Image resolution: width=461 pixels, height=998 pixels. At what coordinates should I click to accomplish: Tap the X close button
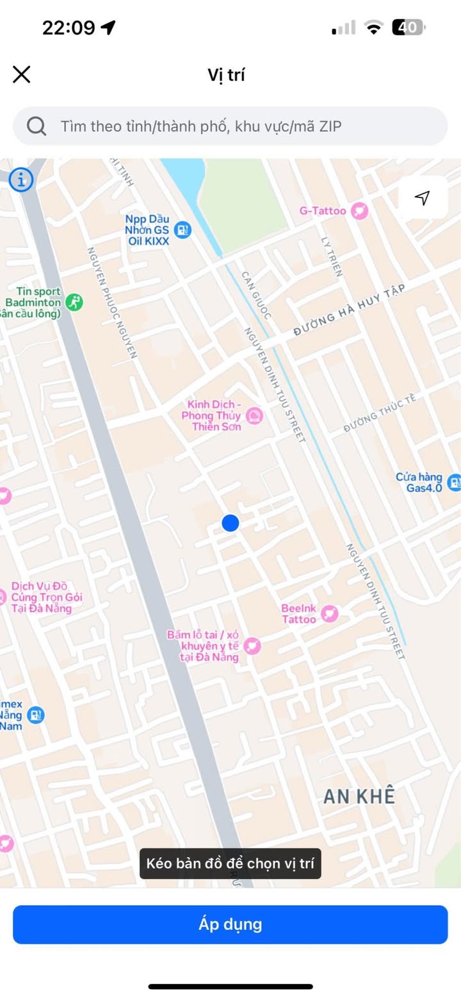click(22, 74)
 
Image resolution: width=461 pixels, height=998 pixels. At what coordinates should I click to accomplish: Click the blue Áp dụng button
click(230, 924)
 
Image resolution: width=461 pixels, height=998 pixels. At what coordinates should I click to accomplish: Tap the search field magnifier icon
click(36, 126)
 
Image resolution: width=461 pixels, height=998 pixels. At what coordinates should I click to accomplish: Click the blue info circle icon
click(20, 179)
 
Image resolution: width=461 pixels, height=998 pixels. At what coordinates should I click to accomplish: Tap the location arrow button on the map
click(422, 197)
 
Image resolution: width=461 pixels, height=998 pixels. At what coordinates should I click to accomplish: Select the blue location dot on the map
click(230, 523)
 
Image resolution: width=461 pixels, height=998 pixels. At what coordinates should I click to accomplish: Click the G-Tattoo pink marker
click(360, 211)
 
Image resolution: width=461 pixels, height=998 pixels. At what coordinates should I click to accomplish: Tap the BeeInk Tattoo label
click(299, 613)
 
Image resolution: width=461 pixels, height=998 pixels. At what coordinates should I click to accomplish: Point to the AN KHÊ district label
click(359, 797)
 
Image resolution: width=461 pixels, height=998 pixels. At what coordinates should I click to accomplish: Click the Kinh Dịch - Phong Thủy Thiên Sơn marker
click(255, 416)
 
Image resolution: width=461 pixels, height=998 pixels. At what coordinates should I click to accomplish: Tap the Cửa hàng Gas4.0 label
click(419, 482)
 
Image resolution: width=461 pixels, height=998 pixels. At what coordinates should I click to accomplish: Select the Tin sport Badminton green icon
click(75, 302)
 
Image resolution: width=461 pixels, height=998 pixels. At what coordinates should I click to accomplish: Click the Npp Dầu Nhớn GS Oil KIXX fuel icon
click(183, 229)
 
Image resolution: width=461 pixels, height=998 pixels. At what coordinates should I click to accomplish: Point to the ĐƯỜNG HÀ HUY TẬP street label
click(350, 311)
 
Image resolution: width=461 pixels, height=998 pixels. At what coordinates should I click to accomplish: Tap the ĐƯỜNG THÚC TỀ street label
click(380, 413)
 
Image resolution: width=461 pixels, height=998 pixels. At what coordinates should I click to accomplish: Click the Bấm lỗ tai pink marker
click(253, 645)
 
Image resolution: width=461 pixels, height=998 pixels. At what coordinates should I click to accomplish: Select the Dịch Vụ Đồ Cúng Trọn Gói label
click(47, 597)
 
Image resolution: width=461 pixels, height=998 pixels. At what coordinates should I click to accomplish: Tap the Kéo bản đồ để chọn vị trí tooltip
click(230, 863)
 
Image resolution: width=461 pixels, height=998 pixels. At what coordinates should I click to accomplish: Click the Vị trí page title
click(226, 75)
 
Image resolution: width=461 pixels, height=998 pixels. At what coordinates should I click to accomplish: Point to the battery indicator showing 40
click(408, 28)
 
